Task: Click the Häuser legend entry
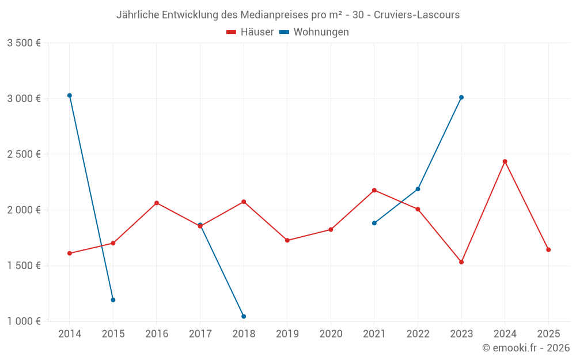(250, 32)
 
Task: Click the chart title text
(288, 15)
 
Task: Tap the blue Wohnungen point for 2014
(70, 96)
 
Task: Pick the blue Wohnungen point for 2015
(113, 300)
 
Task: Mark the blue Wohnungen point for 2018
(244, 316)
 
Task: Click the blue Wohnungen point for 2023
(461, 97)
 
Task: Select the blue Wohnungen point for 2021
(374, 223)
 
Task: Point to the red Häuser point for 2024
(505, 161)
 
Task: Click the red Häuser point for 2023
(461, 262)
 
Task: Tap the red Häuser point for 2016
(157, 203)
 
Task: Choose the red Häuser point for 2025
(548, 250)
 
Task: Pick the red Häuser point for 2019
(287, 240)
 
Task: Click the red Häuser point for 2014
(70, 253)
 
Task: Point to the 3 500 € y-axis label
(24, 43)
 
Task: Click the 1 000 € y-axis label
(24, 321)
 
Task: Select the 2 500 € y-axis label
(24, 154)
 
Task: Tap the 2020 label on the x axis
(331, 334)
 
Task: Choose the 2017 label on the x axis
(200, 334)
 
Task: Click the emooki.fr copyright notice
(525, 348)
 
